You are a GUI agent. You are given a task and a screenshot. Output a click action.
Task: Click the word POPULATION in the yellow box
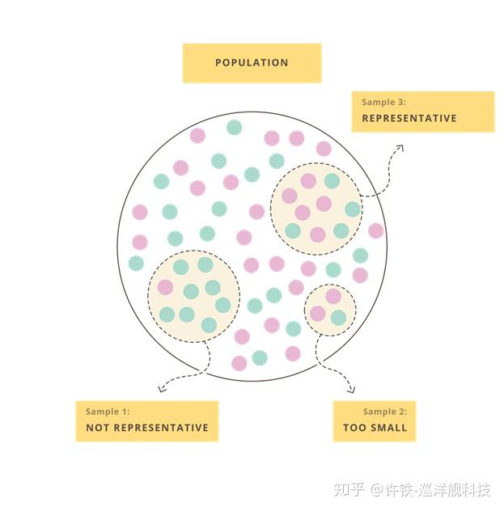[x=252, y=62]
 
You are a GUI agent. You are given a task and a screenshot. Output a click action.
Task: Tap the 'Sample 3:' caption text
[x=383, y=103]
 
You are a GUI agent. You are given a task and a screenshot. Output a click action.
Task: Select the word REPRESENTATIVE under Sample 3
[x=409, y=118]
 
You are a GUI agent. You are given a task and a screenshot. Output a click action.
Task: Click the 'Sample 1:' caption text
[x=108, y=412]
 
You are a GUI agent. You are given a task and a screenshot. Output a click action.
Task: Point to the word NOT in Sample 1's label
[x=98, y=428]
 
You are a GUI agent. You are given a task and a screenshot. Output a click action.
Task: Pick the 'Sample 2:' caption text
[x=390, y=412]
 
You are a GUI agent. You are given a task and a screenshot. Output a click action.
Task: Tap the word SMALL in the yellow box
[x=389, y=428]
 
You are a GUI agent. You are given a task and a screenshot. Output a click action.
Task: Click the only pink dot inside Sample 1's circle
[x=165, y=287]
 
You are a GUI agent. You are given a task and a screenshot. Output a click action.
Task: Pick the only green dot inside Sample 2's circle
[x=338, y=317]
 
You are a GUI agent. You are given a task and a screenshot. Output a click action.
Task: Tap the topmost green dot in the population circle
[x=234, y=127]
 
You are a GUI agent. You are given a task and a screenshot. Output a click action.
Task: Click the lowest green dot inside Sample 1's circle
[x=209, y=324]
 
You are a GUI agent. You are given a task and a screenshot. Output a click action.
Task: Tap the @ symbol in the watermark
[x=376, y=490]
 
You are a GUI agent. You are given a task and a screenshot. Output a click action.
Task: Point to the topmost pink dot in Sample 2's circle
[x=332, y=297]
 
